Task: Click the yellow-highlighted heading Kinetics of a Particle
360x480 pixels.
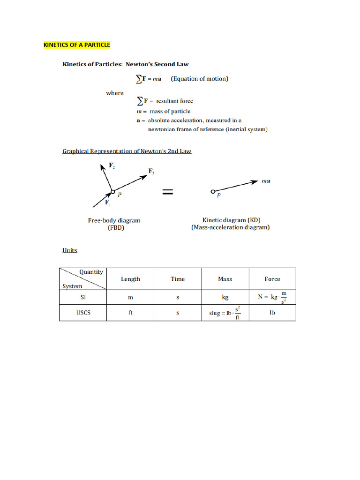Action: click(x=77, y=45)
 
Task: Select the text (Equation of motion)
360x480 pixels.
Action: click(x=200, y=79)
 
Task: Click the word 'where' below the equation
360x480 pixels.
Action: click(x=115, y=93)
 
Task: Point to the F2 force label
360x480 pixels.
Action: click(x=112, y=166)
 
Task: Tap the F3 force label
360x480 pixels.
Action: click(x=151, y=172)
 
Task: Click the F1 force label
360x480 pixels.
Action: click(x=107, y=203)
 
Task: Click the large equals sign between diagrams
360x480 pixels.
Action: click(x=168, y=191)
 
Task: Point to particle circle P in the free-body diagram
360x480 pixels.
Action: click(x=112, y=191)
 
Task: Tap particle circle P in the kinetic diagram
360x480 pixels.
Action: click(x=213, y=192)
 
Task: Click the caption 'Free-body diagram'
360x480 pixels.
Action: click(x=114, y=220)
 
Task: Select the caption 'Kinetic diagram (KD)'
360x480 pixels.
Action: click(x=231, y=220)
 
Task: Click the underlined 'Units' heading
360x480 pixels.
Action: click(x=70, y=250)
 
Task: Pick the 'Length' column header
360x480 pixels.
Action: click(x=130, y=279)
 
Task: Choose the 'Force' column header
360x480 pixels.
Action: click(x=272, y=279)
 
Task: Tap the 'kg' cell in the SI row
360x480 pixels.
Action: click(x=225, y=297)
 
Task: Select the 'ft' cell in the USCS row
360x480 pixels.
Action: click(x=130, y=313)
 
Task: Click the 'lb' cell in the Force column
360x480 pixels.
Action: click(x=272, y=313)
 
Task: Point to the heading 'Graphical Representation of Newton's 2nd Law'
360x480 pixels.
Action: click(x=127, y=151)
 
